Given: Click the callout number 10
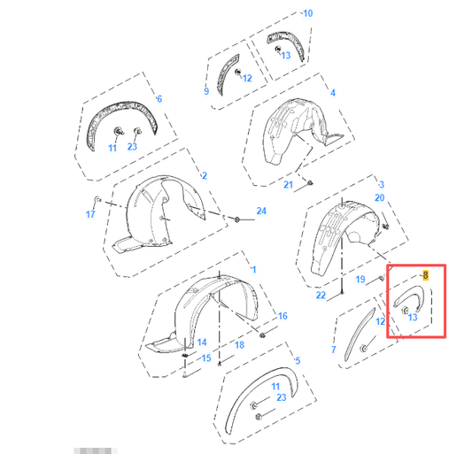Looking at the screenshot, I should [307, 13].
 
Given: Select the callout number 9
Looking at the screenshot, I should [205, 91].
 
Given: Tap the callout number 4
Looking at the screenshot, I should [332, 93].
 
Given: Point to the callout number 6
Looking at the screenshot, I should [159, 98].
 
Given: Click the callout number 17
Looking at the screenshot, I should [90, 214].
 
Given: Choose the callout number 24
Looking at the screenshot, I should [261, 211].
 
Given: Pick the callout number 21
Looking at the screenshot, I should [289, 185].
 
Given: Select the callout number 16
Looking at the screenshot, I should [282, 315].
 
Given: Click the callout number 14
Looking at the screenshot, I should [202, 342].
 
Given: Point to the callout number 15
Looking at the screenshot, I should [206, 358].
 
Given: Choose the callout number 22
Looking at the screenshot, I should [321, 294].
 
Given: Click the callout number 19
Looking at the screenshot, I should [360, 280].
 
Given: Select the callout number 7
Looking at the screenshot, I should [334, 350].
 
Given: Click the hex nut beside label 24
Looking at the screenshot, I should [237, 218].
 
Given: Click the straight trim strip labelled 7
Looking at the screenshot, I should [361, 328].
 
